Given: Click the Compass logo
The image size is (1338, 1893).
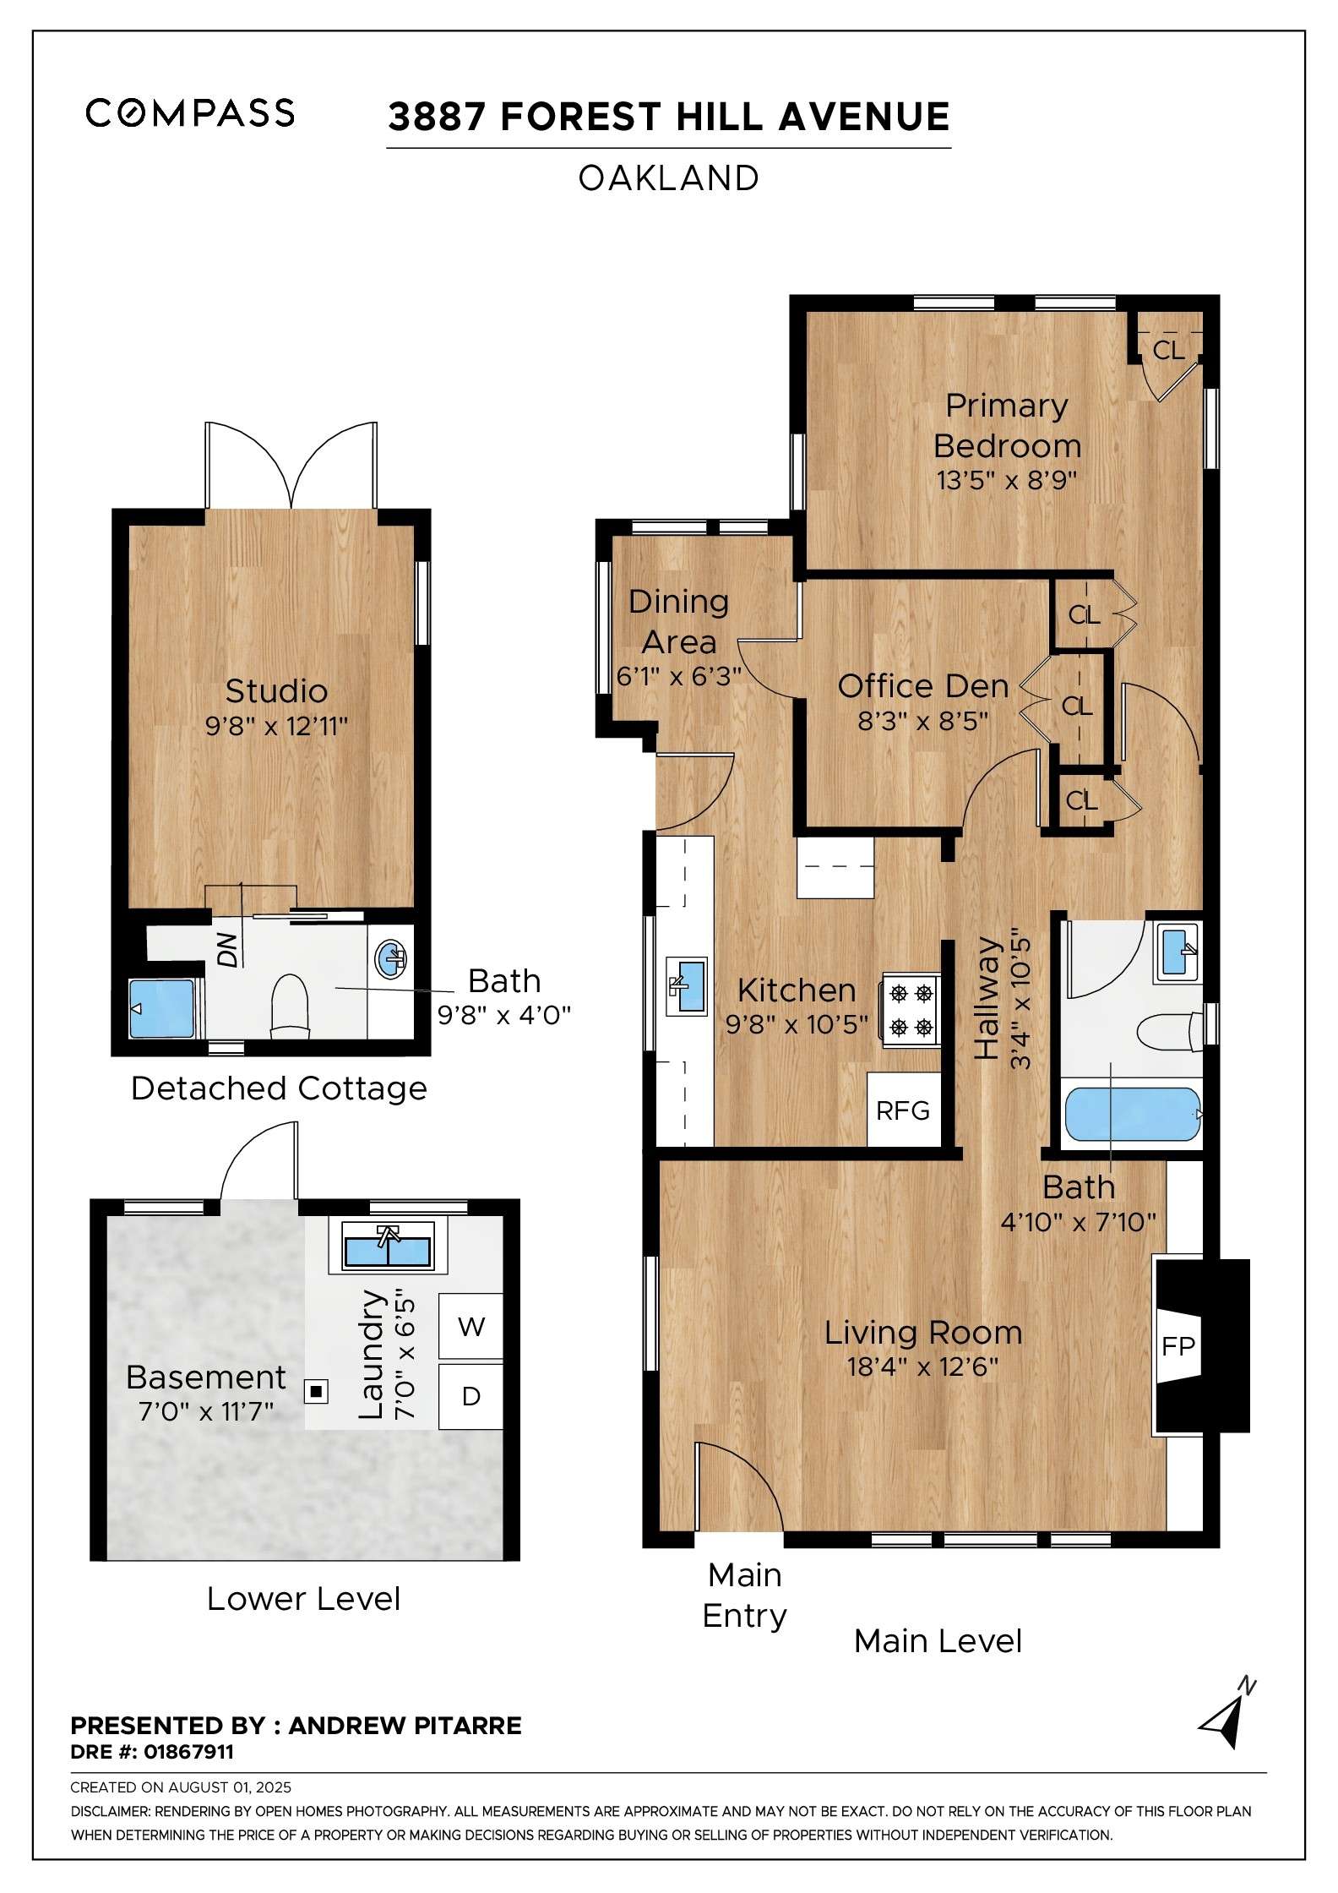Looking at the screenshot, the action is tap(190, 112).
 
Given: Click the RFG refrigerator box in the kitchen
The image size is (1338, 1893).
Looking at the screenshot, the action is tap(904, 1110).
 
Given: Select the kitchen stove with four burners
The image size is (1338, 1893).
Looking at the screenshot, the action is tap(911, 1010).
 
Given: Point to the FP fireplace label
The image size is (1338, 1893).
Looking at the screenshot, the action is tap(1178, 1345).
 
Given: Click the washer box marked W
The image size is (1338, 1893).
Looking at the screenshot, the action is tap(470, 1326).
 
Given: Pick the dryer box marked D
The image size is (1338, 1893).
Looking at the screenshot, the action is tap(470, 1396).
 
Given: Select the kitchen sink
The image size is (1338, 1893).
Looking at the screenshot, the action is tap(686, 985).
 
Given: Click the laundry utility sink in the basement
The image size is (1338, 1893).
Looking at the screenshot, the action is tap(387, 1247).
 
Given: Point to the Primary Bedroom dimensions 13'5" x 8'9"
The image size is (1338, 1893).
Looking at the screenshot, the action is tap(1006, 480).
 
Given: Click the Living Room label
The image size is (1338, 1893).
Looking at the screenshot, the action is tap(923, 1333).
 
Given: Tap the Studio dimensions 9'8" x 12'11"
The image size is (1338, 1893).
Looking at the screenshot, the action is tap(276, 725).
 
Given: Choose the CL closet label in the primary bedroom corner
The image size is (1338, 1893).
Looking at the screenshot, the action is tap(1169, 350).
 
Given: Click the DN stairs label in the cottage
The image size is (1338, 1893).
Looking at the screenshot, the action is tap(226, 951).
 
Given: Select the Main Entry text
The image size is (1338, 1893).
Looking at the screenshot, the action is tap(744, 1596).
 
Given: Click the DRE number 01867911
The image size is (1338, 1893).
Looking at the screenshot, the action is tap(188, 1752).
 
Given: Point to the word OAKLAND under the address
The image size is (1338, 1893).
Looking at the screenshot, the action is tap(668, 178).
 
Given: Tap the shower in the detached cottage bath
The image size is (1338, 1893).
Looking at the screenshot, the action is tap(161, 1008).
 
